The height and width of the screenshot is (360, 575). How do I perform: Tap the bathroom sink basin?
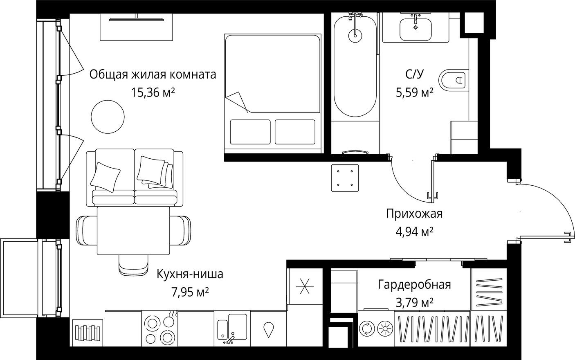(416, 29)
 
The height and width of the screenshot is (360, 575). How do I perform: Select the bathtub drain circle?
(355, 35)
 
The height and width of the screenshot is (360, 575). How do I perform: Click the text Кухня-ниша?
(190, 274)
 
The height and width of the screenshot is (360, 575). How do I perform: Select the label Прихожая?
(414, 214)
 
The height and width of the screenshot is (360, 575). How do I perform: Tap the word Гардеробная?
(414, 284)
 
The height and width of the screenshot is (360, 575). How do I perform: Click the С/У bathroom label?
(414, 74)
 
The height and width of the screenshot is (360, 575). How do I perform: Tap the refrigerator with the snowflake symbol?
(303, 286)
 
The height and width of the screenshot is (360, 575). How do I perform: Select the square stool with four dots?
(345, 178)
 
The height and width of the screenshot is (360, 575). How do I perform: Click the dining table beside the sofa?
(133, 230)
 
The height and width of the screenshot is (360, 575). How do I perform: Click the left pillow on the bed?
(250, 132)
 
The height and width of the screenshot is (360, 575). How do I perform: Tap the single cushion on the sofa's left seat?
(106, 176)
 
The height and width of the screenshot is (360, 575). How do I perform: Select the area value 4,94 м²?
(414, 232)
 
